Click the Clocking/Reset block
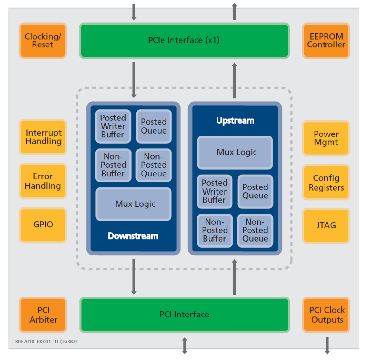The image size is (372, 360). (43, 41)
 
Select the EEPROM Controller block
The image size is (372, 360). (326, 41)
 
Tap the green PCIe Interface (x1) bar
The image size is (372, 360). (184, 41)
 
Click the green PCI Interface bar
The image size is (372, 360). (184, 314)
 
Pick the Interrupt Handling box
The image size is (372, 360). (43, 137)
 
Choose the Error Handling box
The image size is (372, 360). (43, 181)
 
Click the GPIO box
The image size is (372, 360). (43, 225)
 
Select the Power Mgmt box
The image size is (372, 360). (326, 138)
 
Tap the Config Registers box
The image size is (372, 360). (326, 182)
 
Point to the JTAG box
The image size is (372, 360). (326, 226)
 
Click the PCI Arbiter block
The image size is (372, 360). (43, 315)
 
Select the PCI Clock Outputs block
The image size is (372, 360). (326, 315)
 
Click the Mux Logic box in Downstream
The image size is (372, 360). (134, 204)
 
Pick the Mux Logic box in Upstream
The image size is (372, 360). (235, 152)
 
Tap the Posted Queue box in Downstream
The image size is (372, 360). (154, 126)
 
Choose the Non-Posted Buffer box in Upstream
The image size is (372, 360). (215, 230)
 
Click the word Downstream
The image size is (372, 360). (133, 236)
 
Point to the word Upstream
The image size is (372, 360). (235, 120)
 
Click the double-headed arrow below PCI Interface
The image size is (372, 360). (185, 345)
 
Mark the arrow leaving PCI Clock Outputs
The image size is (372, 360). (327, 345)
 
